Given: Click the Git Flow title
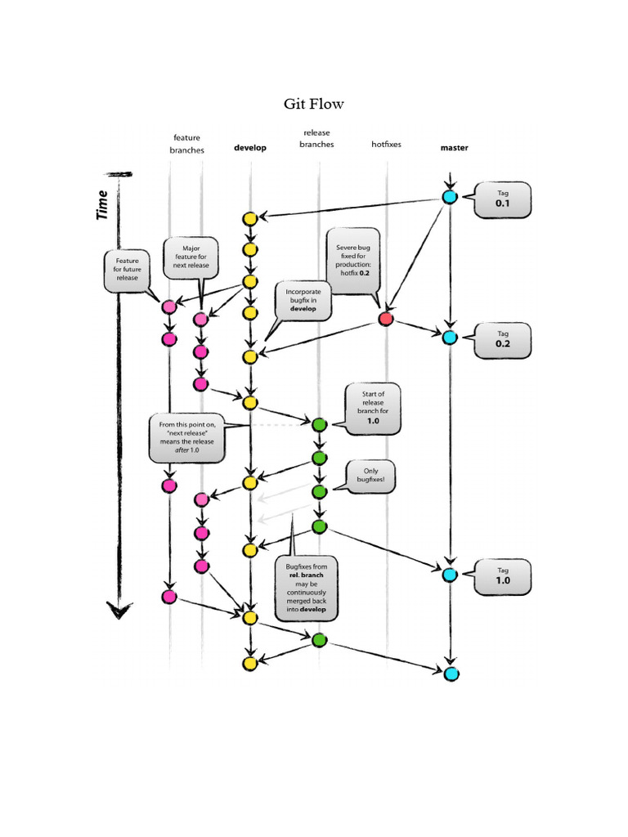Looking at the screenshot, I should pyautogui.click(x=314, y=104).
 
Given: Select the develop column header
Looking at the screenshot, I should pyautogui.click(x=250, y=148).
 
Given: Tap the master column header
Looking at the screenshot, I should pyautogui.click(x=454, y=148).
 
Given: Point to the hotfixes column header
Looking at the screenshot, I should pyautogui.click(x=386, y=144).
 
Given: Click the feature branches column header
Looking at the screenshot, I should pyautogui.click(x=186, y=144).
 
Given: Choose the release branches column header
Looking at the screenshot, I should pyautogui.click(x=318, y=138).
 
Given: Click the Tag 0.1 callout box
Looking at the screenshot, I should pyautogui.click(x=502, y=199).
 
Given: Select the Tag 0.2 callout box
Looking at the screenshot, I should pyautogui.click(x=502, y=339).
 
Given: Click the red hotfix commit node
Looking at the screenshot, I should pyautogui.click(x=386, y=319).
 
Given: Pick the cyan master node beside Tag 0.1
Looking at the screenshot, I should pyautogui.click(x=449, y=197).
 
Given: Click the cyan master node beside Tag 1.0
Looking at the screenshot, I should pyautogui.click(x=449, y=575).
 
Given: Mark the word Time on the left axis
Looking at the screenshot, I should pyautogui.click(x=102, y=204).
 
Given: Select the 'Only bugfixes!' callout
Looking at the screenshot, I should pyautogui.click(x=370, y=477).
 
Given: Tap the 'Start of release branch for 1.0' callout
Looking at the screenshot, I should pyautogui.click(x=373, y=408).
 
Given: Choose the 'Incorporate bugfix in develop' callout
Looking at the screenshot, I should pyautogui.click(x=303, y=300).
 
